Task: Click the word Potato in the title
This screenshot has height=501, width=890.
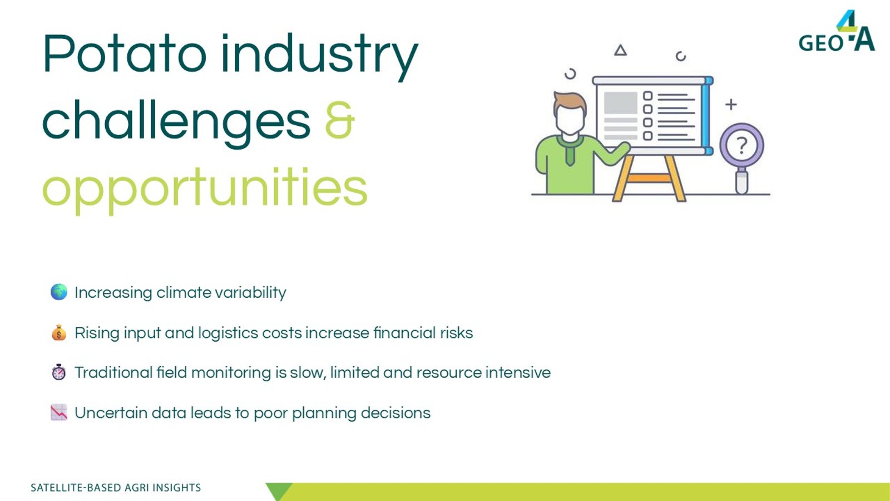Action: point(125,53)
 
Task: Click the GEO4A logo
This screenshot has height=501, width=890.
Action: point(837,31)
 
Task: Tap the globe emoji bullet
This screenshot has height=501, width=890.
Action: point(59,292)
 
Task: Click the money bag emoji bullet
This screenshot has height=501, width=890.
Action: point(59,332)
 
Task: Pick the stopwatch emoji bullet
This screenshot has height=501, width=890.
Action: point(59,372)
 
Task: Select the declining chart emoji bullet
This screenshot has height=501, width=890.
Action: point(59,412)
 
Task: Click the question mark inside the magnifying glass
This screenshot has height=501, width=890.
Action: point(741,145)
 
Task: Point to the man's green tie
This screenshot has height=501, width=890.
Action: point(570,153)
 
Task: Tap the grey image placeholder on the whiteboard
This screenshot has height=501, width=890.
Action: point(620,103)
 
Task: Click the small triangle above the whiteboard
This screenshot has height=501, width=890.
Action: point(620,51)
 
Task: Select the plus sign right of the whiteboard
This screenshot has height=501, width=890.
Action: point(731,105)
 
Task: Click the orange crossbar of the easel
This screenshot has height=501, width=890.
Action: point(649,178)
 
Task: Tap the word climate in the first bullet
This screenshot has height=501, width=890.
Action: point(184,292)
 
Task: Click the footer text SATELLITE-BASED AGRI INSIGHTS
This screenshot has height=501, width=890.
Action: point(116,488)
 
